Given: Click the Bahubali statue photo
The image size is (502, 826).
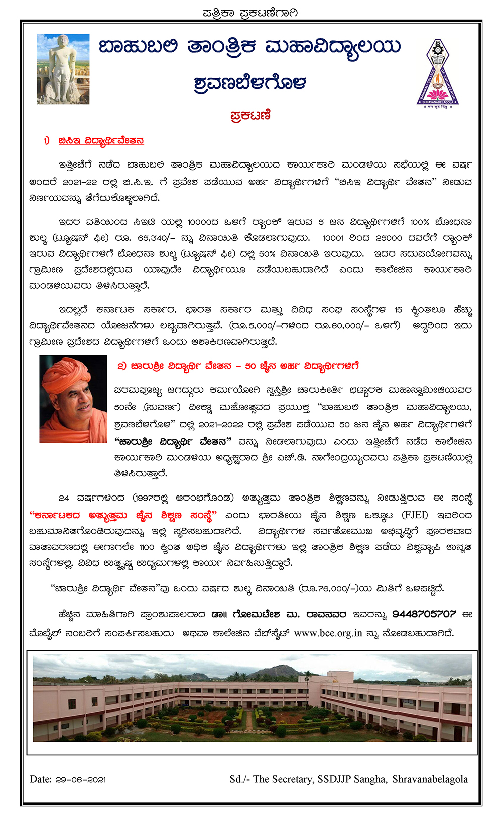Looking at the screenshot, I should [x=63, y=69].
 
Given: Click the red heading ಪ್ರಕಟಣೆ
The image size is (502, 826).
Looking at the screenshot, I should [x=250, y=115].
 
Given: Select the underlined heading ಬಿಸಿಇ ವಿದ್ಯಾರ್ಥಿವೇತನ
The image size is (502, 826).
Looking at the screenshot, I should [x=101, y=141].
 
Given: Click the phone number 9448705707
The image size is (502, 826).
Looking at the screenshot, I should [x=424, y=614].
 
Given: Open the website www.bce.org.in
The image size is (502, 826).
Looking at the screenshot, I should [x=328, y=633].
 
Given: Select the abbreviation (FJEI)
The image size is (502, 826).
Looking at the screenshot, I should [x=415, y=515].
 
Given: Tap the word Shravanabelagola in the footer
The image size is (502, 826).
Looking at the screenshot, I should [x=430, y=779].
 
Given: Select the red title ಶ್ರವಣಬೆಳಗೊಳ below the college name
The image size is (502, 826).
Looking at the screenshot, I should [x=250, y=83].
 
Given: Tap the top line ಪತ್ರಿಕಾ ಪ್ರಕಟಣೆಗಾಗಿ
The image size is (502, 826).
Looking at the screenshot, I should [x=250, y=13].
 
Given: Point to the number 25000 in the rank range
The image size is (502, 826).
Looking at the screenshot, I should [x=389, y=238].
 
